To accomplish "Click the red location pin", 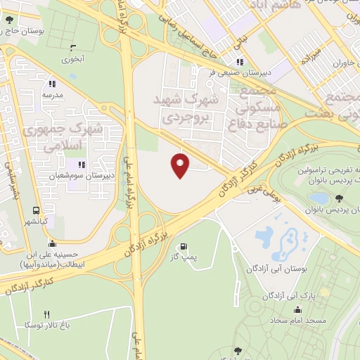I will (181, 166).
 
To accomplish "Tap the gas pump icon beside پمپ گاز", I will (184, 247).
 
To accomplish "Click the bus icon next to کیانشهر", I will (36, 210).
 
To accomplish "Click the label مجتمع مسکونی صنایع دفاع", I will (257, 108).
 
